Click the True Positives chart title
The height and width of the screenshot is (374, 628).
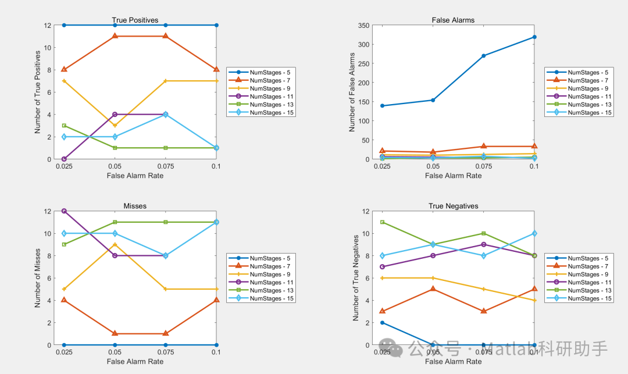click(135, 20)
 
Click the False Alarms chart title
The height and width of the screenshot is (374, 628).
click(453, 20)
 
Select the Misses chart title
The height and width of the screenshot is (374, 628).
click(135, 206)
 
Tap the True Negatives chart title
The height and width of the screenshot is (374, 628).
click(453, 206)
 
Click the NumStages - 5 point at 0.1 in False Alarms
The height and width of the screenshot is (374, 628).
click(534, 37)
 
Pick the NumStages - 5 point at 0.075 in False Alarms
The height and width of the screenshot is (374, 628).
click(484, 56)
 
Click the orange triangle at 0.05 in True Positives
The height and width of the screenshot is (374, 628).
click(115, 36)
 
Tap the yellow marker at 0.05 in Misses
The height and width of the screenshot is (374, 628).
click(115, 244)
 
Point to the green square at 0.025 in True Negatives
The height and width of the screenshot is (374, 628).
click(383, 222)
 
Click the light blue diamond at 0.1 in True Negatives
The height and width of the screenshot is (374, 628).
click(534, 233)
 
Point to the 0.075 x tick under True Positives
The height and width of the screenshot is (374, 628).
click(165, 166)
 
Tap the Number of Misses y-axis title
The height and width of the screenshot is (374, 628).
click(38, 277)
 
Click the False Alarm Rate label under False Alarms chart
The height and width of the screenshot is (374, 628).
click(453, 176)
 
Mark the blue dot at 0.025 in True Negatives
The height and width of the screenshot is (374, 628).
click(383, 323)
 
